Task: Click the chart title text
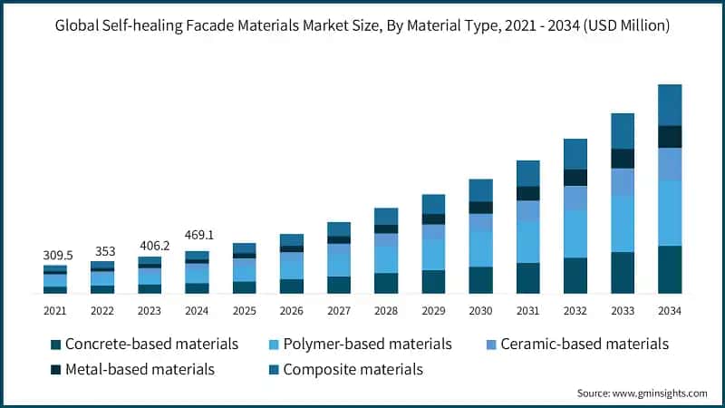(x=362, y=25)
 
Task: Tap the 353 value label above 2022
(x=102, y=251)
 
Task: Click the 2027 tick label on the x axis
(x=339, y=311)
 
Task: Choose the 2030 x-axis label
(x=480, y=311)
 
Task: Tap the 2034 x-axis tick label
(x=670, y=311)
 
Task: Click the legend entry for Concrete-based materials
(x=144, y=345)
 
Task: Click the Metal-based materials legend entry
(x=133, y=370)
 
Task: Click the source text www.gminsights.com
(x=643, y=393)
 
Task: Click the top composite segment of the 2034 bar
(x=670, y=104)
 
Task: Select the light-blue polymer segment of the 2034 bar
(x=670, y=213)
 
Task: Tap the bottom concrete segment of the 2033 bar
(x=623, y=273)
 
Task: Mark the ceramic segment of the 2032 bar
(x=575, y=198)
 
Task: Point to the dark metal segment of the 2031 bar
(x=528, y=193)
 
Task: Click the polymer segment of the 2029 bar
(x=433, y=255)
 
